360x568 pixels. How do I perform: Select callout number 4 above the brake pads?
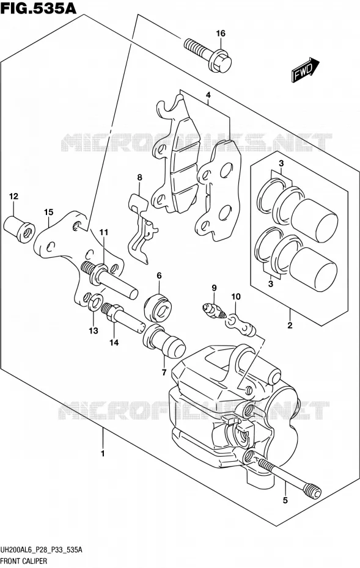[x=208, y=95]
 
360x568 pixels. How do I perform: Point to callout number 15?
[x=48, y=212]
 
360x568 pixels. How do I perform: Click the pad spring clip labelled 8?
[x=142, y=228]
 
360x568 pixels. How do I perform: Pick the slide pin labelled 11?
[x=110, y=279]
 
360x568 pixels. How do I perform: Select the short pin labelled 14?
[x=123, y=318]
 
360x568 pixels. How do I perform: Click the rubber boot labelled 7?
[x=164, y=342]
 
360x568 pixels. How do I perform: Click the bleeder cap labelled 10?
[x=241, y=324]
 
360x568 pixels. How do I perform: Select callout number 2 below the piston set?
[x=290, y=326]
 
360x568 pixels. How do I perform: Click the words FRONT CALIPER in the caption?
[x=24, y=561]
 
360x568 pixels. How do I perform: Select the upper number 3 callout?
[x=281, y=164]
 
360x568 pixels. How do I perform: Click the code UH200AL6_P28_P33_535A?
[x=42, y=550]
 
